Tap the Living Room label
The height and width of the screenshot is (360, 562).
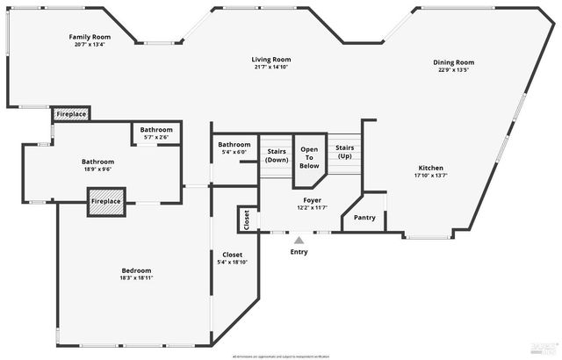tap(271, 59)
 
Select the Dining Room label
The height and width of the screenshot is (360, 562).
tap(454, 61)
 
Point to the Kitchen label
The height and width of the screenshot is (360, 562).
tap(430, 168)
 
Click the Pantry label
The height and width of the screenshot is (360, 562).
tap(364, 218)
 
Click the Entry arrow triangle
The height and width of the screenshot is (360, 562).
tap(299, 240)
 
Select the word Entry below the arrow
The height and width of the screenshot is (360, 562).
tap(299, 252)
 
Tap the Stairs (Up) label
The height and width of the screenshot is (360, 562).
tap(344, 152)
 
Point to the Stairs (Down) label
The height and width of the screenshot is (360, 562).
tap(277, 156)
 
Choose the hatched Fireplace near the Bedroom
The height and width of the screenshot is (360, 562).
tap(105, 202)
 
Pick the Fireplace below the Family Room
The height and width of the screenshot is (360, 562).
tap(71, 115)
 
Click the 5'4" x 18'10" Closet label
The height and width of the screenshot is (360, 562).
tap(232, 255)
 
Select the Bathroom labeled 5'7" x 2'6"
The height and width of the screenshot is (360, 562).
tap(157, 130)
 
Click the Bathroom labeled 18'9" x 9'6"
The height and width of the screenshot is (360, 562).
tap(97, 162)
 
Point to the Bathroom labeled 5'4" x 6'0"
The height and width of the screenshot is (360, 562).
tap(234, 145)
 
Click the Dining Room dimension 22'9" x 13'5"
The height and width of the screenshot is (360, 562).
tap(454, 70)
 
